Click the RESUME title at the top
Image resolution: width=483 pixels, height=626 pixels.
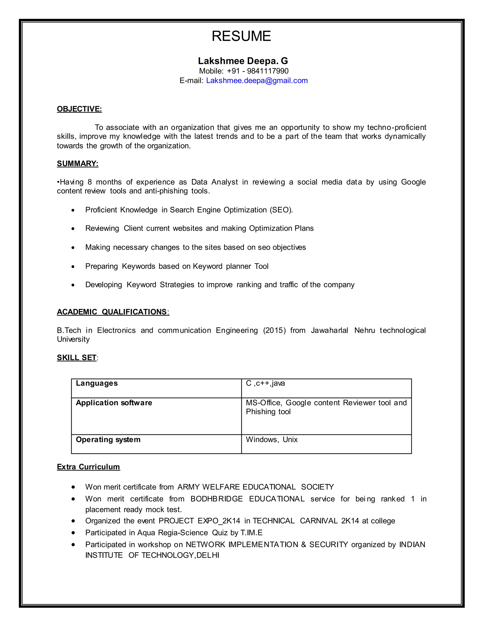[x=241, y=36]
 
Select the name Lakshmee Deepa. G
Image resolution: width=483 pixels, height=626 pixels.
[x=243, y=61]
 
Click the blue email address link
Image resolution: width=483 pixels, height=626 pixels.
[x=257, y=81]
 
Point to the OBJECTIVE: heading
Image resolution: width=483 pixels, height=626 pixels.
[x=79, y=109]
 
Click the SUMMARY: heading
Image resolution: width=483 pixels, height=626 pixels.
[x=78, y=163]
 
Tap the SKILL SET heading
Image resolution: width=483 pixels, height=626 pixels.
[x=77, y=357]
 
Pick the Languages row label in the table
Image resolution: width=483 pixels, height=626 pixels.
[x=97, y=383]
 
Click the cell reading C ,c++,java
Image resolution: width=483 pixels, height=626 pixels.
[x=265, y=383]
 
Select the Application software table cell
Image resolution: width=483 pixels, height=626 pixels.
[x=114, y=403]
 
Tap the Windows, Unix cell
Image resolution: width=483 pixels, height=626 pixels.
[x=271, y=439]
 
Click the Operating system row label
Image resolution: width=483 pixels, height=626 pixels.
[x=108, y=439]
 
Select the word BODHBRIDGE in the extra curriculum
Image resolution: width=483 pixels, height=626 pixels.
[x=217, y=499]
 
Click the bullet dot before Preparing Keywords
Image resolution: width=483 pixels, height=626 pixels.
[x=73, y=266]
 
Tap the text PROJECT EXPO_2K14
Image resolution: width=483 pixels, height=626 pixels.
[x=200, y=521]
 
